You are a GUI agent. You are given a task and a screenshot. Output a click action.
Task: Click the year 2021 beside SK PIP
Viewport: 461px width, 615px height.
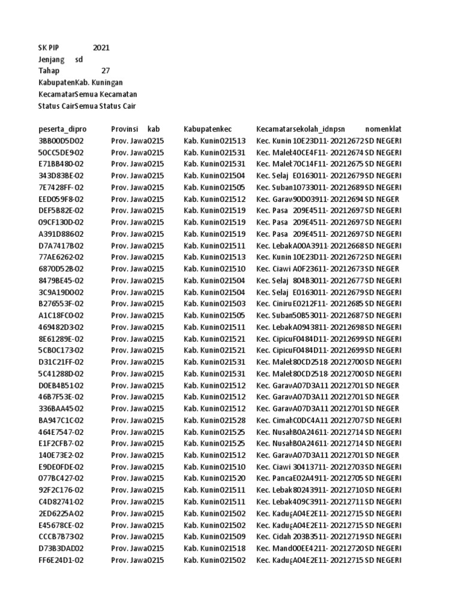coord(101,48)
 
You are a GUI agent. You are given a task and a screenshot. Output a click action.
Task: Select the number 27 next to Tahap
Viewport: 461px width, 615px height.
coord(106,71)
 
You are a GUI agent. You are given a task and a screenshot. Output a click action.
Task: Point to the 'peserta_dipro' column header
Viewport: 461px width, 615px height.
coord(62,129)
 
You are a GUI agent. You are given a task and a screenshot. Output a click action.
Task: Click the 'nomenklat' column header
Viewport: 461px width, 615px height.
coord(383,129)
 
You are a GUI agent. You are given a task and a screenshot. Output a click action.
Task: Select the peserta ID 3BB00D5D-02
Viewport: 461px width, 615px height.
coord(61,141)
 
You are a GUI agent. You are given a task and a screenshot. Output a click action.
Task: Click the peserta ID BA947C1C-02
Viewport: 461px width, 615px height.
coord(61,420)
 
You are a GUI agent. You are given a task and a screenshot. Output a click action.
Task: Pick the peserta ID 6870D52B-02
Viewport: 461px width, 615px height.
coord(61,269)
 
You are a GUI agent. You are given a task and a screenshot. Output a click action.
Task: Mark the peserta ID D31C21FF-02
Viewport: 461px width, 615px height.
coord(61,362)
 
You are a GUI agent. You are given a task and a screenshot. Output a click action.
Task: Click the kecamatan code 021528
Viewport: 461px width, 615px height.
coord(234,420)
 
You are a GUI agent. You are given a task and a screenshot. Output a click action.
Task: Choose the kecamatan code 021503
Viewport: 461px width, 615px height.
coord(234,304)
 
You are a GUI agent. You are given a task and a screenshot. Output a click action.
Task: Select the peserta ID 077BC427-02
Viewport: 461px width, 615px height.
coord(61,479)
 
